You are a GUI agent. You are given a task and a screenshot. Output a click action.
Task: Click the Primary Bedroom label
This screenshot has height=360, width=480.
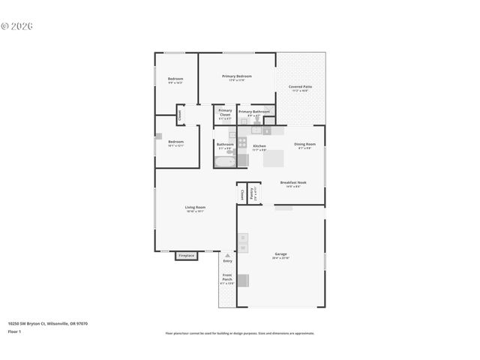236,76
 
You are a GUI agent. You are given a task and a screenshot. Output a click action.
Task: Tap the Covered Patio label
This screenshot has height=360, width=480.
299,87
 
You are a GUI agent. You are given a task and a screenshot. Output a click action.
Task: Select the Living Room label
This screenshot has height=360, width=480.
196,208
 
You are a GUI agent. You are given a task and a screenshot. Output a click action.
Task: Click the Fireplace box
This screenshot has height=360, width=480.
186,256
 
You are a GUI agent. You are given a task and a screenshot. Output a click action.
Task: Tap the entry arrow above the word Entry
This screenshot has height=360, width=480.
227,255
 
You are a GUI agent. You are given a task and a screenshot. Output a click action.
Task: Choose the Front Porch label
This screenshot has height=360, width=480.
226,277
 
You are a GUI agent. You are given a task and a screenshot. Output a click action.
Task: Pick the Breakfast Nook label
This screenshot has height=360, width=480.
293,182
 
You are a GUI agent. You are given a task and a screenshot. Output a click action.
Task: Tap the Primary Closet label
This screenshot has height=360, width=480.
225,112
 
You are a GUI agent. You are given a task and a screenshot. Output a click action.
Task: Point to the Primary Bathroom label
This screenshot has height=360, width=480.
253,112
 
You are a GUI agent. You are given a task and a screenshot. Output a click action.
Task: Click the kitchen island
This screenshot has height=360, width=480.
273,158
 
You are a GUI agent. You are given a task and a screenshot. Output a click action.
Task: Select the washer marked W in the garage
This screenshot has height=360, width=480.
242,247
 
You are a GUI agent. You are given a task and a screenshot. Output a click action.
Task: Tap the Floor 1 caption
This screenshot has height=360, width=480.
14,331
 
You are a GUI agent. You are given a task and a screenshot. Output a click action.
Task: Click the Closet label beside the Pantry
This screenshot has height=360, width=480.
241,194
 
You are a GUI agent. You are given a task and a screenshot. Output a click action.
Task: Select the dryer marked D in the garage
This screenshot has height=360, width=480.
242,238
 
